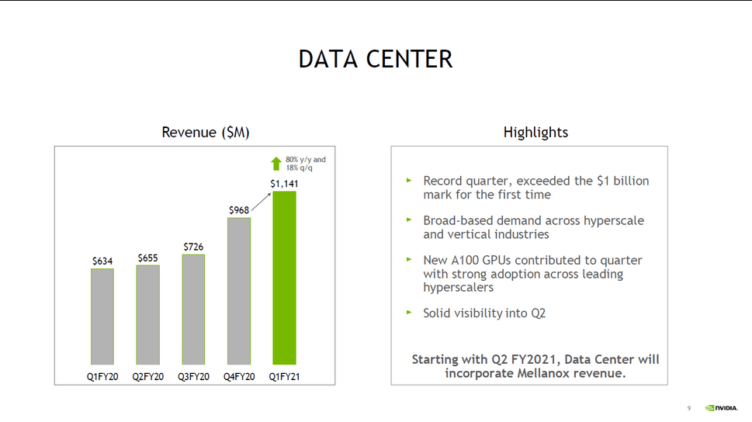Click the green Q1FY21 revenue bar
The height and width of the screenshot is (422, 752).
(x=284, y=278)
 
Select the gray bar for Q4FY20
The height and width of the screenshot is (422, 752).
(x=239, y=291)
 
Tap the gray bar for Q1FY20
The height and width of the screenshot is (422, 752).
(x=102, y=316)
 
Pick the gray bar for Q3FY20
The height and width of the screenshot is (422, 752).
(x=193, y=310)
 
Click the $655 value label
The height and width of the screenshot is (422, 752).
(x=147, y=258)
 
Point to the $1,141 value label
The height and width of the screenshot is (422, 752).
(x=284, y=184)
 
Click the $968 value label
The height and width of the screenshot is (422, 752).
(x=239, y=210)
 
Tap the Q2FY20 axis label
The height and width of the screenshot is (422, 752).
(x=147, y=377)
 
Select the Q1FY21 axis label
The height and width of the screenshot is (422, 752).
(x=284, y=377)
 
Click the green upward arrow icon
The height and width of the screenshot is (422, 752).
(x=276, y=164)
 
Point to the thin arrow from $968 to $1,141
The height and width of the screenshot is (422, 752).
(x=262, y=202)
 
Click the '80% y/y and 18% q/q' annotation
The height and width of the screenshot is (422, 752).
(x=306, y=164)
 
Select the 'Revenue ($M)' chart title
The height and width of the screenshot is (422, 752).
(x=205, y=133)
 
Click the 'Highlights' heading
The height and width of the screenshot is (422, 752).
(x=535, y=133)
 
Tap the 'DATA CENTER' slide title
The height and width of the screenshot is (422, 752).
(x=376, y=60)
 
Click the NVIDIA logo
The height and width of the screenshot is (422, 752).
(x=721, y=408)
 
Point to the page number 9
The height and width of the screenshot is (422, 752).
(x=689, y=408)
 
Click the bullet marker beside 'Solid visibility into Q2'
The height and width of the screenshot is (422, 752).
(x=409, y=312)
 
